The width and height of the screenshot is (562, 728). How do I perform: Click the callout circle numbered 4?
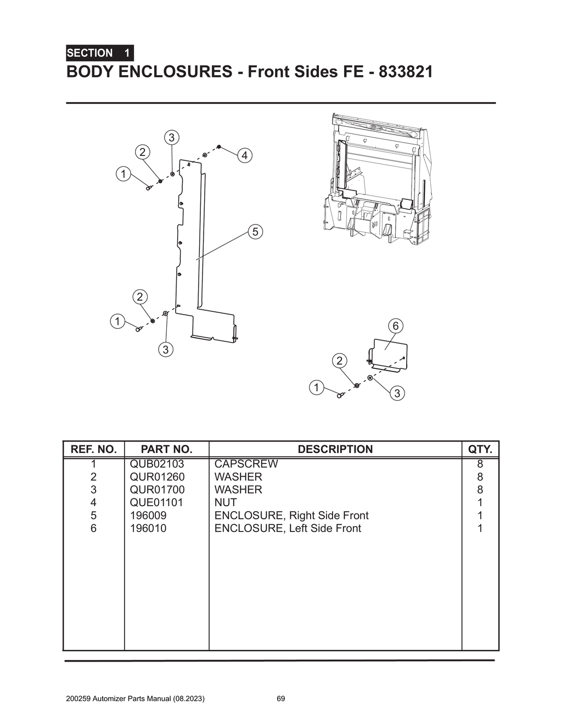click(244, 156)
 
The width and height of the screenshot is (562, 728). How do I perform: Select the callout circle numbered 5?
click(255, 232)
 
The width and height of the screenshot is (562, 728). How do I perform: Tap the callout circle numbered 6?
click(395, 326)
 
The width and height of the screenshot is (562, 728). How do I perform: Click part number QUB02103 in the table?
click(157, 464)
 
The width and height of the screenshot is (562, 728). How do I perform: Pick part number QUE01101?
click(156, 502)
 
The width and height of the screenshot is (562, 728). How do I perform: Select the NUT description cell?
click(226, 502)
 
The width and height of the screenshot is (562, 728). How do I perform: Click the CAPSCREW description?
click(246, 464)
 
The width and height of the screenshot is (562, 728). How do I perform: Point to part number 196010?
click(148, 528)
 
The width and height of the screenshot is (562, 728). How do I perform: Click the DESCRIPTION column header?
click(335, 449)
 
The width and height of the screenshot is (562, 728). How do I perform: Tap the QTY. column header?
click(480, 449)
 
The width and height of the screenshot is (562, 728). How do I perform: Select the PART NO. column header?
click(166, 449)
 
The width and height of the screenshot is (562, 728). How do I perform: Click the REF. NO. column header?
click(94, 449)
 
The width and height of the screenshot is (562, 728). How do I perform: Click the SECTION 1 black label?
click(99, 53)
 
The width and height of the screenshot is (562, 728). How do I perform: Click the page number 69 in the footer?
click(280, 699)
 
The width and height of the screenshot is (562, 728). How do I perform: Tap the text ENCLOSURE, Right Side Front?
click(291, 516)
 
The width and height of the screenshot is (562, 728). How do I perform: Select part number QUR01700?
click(157, 490)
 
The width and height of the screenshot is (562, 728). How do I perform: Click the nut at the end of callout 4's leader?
click(219, 147)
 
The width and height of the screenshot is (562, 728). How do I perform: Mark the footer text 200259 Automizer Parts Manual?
click(135, 699)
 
